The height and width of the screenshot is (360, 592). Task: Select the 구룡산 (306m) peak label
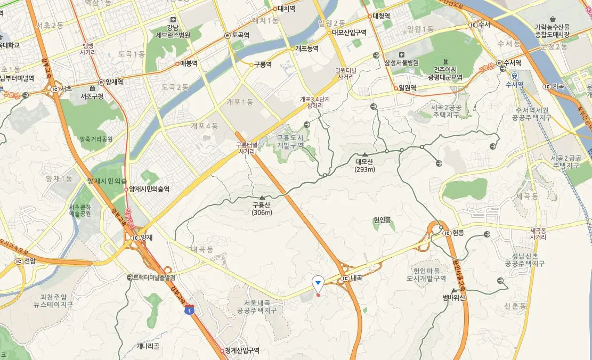point(262,208)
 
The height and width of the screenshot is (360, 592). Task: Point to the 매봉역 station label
point(189,63)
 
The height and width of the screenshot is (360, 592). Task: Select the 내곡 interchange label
point(355,278)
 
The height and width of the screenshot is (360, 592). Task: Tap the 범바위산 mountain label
point(454,297)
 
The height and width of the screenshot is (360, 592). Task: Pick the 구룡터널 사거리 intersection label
point(247,148)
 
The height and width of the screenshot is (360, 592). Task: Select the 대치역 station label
point(287,9)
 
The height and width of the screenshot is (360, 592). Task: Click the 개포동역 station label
point(307,48)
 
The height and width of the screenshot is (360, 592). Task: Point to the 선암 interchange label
point(30,261)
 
